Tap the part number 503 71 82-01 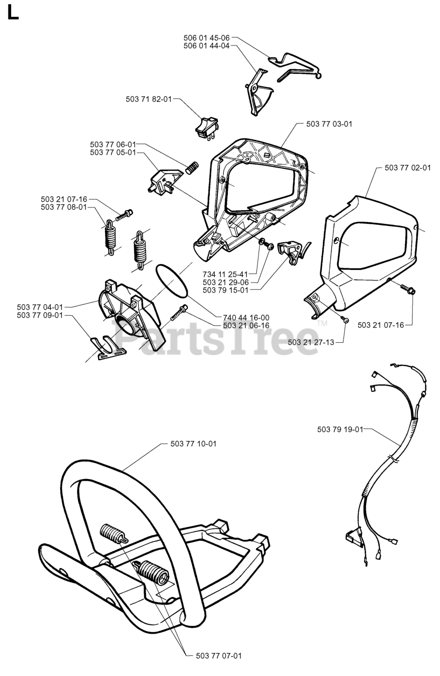[x=149, y=99]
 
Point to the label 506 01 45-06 [x=206, y=38]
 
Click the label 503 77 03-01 [x=329, y=124]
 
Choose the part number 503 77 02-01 [x=408, y=168]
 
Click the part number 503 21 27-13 [x=311, y=342]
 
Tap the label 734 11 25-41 [x=225, y=275]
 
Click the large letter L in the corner [x=13, y=13]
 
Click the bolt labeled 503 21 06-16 [x=179, y=315]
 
